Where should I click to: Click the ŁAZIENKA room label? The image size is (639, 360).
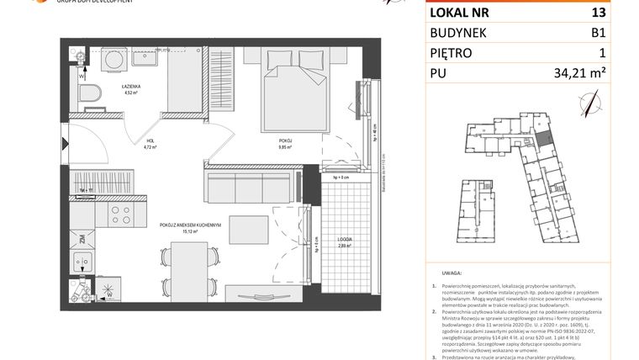pyautogui.click(x=131, y=86)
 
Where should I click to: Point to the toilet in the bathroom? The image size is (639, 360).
pyautogui.click(x=90, y=95)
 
